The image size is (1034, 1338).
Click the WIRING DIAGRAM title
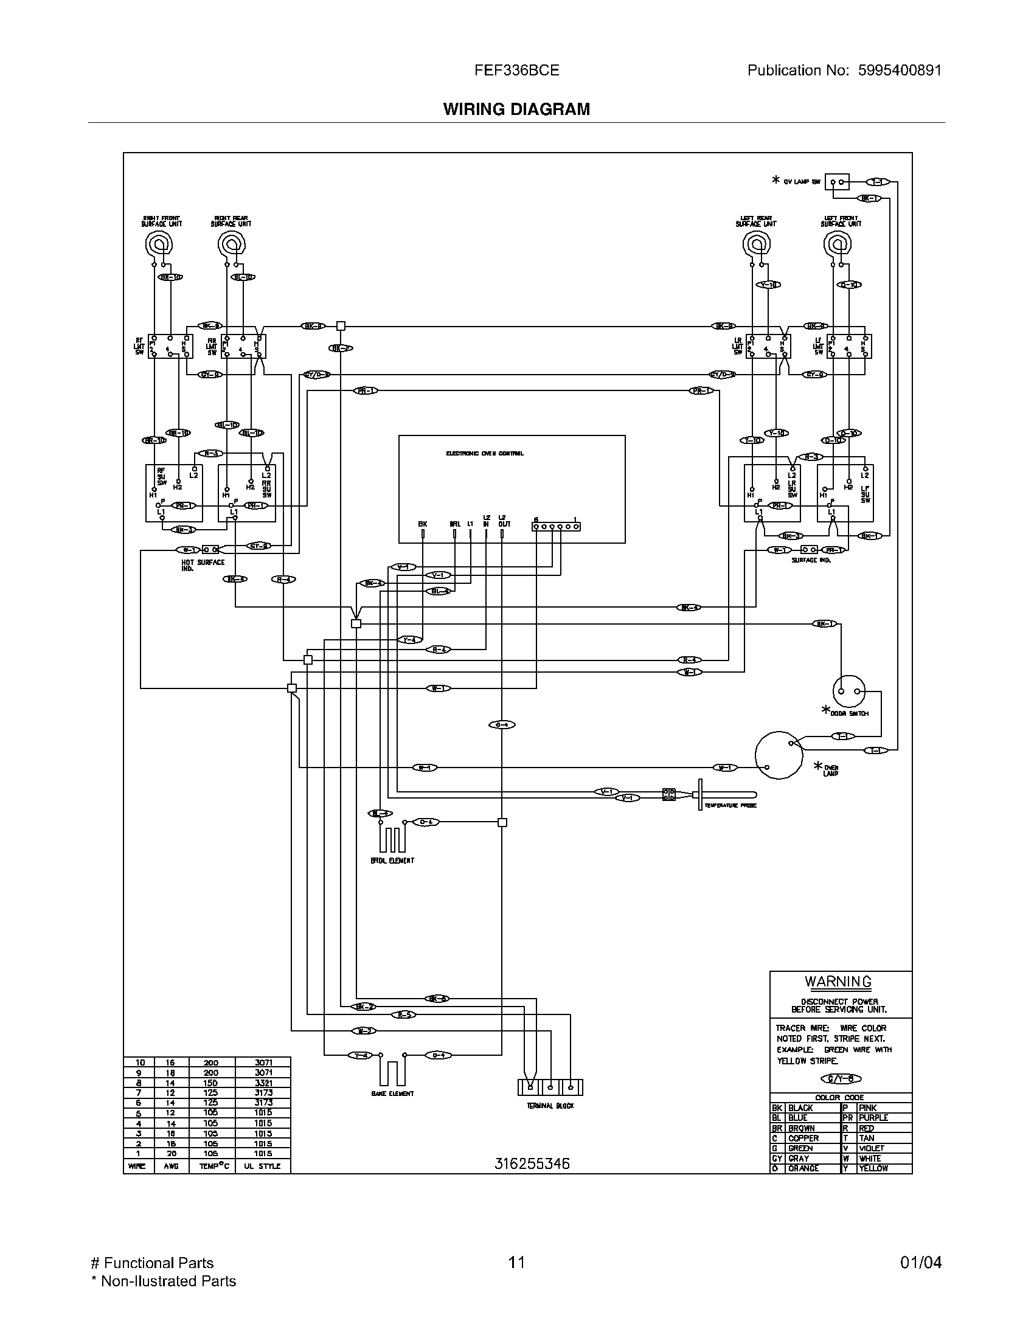(x=516, y=109)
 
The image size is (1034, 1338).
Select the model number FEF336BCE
(x=516, y=71)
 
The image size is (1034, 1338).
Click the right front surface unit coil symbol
(x=159, y=244)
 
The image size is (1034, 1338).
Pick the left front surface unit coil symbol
(x=838, y=244)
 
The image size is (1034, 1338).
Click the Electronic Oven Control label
(x=485, y=454)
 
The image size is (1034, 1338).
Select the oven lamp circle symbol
(x=778, y=755)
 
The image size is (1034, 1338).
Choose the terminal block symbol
(x=549, y=1087)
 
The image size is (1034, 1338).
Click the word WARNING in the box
(x=838, y=982)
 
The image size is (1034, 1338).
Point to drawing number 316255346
(x=532, y=1163)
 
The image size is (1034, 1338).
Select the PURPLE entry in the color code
(x=873, y=1118)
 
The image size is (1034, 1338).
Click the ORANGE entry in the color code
(x=803, y=1168)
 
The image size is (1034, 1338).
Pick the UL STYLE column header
(x=262, y=1166)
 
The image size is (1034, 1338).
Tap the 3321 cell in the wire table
(x=262, y=1083)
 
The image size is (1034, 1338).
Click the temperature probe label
(x=730, y=806)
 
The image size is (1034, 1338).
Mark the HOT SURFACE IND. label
(x=202, y=565)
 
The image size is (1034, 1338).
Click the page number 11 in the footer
(x=516, y=1262)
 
